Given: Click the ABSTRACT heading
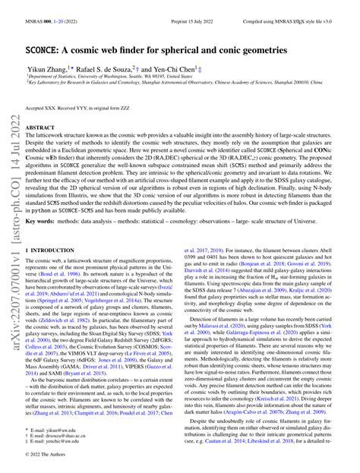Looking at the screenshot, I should click(43, 129).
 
